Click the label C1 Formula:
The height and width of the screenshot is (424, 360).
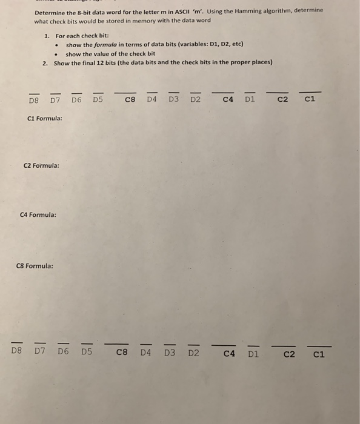[x=45, y=118]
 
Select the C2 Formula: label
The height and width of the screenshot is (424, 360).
[x=41, y=165]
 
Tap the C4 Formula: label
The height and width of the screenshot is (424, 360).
[x=38, y=214]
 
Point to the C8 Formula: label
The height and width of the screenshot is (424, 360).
[x=35, y=265]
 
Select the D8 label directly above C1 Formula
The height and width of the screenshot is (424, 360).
[x=34, y=100]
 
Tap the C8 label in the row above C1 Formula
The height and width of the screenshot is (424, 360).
[x=130, y=100]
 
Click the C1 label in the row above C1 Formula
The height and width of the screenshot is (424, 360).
[x=310, y=100]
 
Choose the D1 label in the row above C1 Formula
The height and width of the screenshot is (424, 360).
[x=250, y=100]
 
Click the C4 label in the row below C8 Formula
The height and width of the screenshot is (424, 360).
[x=229, y=354]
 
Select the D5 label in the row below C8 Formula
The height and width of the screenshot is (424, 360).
[x=87, y=351]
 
